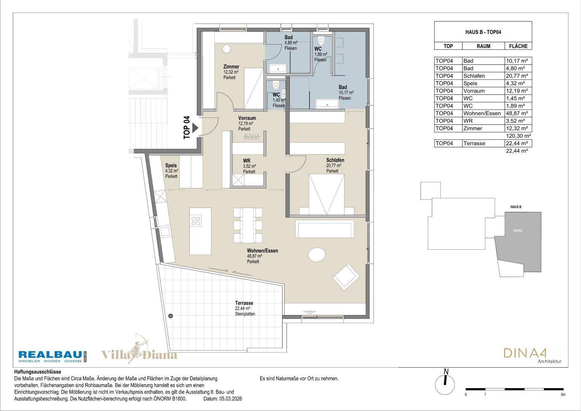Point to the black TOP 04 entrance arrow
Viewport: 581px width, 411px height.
195,128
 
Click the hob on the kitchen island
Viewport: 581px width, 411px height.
196,221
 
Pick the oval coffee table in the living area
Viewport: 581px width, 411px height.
317,255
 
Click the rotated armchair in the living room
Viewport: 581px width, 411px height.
346,277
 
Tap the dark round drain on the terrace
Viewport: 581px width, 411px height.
170,316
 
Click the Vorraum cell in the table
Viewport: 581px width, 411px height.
474,91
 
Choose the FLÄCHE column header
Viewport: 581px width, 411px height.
518,46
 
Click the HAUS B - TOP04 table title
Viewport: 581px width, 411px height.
483,32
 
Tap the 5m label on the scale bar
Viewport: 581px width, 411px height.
563,395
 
